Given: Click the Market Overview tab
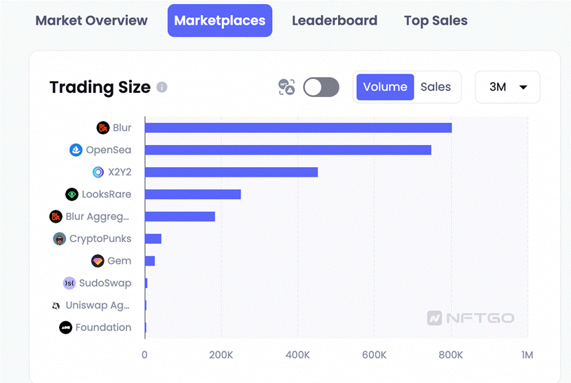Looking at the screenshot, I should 91,21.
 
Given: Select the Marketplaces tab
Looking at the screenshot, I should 220,21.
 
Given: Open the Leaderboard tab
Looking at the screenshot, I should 335,21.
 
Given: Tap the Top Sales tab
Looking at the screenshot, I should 436,21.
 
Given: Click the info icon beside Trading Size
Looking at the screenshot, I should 161,87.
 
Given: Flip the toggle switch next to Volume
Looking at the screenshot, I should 321,87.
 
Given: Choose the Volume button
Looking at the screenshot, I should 385,87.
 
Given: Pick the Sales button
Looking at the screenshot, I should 436,87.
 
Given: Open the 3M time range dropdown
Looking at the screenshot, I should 508,87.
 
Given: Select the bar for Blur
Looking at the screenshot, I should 298,128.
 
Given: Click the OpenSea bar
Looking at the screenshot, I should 288,150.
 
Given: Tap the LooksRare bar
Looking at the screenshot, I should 193,195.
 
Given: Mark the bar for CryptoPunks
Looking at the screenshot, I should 153,239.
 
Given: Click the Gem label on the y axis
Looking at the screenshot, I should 120,261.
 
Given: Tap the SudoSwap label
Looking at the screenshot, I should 105,283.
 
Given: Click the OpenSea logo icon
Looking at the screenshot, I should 76,150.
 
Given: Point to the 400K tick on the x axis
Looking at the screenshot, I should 298,355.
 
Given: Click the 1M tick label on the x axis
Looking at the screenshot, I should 527,355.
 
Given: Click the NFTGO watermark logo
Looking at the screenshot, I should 471,318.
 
